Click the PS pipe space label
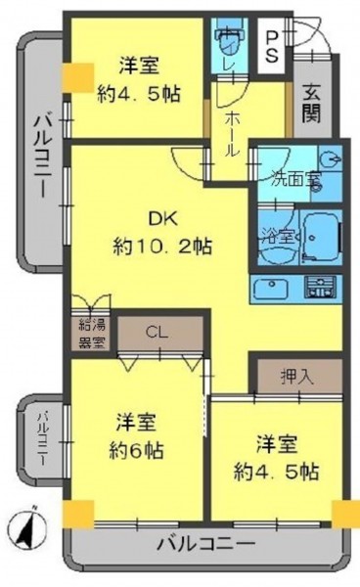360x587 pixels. click(x=272, y=46)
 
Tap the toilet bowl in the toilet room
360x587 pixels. click(x=229, y=42)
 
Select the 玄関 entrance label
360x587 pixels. click(x=312, y=104)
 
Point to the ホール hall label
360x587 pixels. click(x=231, y=134)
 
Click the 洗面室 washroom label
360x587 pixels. click(x=296, y=179)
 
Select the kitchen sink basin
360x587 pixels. click(x=271, y=289)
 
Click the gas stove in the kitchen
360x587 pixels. click(x=320, y=288)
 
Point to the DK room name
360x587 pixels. click(x=162, y=219)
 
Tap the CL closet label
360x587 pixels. click(x=157, y=333)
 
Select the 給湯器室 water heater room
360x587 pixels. click(x=91, y=334)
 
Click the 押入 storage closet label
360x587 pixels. click(x=297, y=377)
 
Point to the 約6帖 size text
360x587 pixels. click(x=136, y=450)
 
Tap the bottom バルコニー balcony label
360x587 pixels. click(x=205, y=544)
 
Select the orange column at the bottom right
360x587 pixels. click(x=345, y=514)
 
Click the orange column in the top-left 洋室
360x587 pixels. click(x=77, y=77)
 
